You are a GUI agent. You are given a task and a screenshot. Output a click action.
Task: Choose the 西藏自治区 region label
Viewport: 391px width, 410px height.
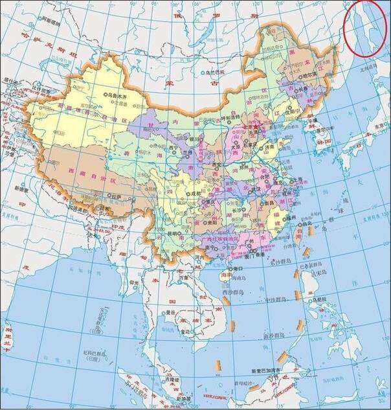(87, 177)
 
